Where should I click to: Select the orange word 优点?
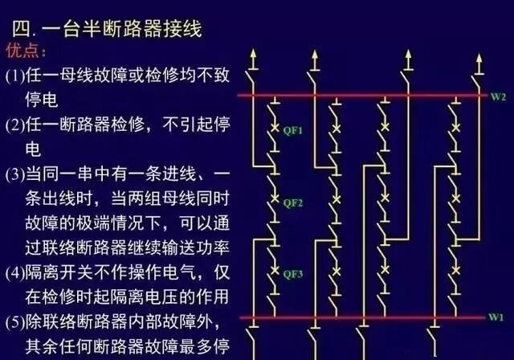click(27, 51)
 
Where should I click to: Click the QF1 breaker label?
click(292, 131)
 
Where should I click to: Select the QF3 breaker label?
click(292, 274)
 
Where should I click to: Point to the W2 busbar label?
click(498, 96)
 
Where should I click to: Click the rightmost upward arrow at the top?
click(479, 60)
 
